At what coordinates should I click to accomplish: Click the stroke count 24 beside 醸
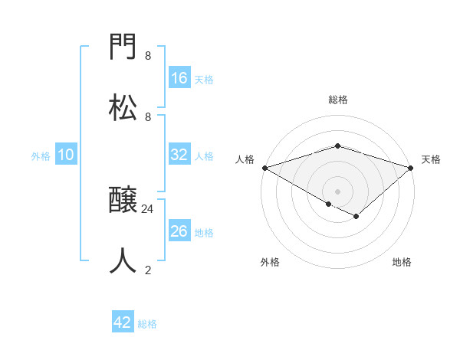pos(148,208)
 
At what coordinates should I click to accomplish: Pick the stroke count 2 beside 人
pos(148,270)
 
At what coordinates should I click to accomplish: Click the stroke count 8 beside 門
pos(148,56)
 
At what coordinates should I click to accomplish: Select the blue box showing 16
pos(179,78)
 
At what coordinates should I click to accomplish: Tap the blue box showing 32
pos(179,155)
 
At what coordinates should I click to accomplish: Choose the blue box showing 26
pos(179,231)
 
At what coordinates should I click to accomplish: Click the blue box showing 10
pos(66,155)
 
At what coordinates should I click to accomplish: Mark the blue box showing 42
pos(123,322)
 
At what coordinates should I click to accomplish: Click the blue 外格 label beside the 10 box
pos(41,155)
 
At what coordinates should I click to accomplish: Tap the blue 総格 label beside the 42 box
pos(147,324)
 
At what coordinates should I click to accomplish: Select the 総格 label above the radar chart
pos(337,100)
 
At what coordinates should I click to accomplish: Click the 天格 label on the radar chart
pos(432,159)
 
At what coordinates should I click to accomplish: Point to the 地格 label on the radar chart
pos(402,262)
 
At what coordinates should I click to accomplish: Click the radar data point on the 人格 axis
pos(264,167)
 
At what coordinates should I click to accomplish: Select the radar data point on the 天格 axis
pos(411,167)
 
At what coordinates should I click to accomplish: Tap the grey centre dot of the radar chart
pos(337,191)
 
